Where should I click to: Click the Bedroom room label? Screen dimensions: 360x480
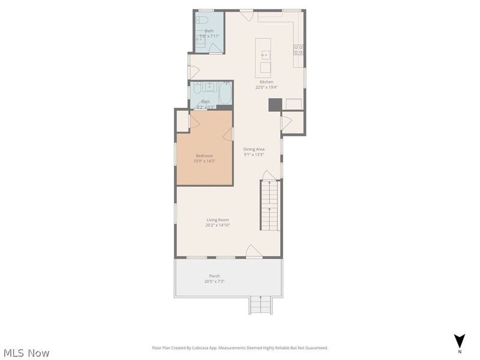[204, 155]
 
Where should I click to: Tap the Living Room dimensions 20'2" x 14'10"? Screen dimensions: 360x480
[218, 226]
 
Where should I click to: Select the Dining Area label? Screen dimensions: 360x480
[254, 149]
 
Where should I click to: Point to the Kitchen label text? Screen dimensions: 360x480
[266, 82]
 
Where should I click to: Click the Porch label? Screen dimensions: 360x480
[214, 276]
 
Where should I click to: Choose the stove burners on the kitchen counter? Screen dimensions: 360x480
[298, 50]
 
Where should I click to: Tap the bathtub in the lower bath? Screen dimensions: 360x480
[226, 94]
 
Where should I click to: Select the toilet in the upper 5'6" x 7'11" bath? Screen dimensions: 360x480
[203, 20]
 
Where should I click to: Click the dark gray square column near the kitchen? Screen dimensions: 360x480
[274, 104]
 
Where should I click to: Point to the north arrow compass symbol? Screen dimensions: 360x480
[459, 341]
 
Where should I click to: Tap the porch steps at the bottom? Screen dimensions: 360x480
[260, 305]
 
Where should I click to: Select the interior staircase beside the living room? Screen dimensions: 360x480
[269, 205]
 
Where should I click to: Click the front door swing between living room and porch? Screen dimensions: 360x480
[254, 251]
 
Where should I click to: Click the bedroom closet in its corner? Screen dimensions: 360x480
[182, 120]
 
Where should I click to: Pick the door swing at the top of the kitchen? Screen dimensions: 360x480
[246, 14]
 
